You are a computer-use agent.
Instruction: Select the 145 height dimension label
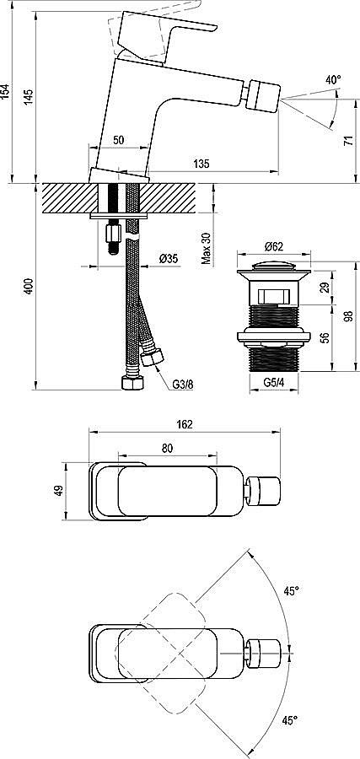[x=29, y=96]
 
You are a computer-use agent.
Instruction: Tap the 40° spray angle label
[x=333, y=80]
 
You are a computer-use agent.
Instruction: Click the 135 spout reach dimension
[x=201, y=163]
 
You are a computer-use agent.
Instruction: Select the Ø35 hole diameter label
[x=169, y=259]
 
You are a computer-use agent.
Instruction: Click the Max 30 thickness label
[x=206, y=247]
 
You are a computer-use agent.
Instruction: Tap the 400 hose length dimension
[x=29, y=287]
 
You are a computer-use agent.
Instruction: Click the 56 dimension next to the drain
[x=325, y=337]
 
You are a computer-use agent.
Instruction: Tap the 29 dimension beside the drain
[x=325, y=289]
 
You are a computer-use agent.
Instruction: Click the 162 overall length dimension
[x=185, y=424]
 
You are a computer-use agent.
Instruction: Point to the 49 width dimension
[x=58, y=491]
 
